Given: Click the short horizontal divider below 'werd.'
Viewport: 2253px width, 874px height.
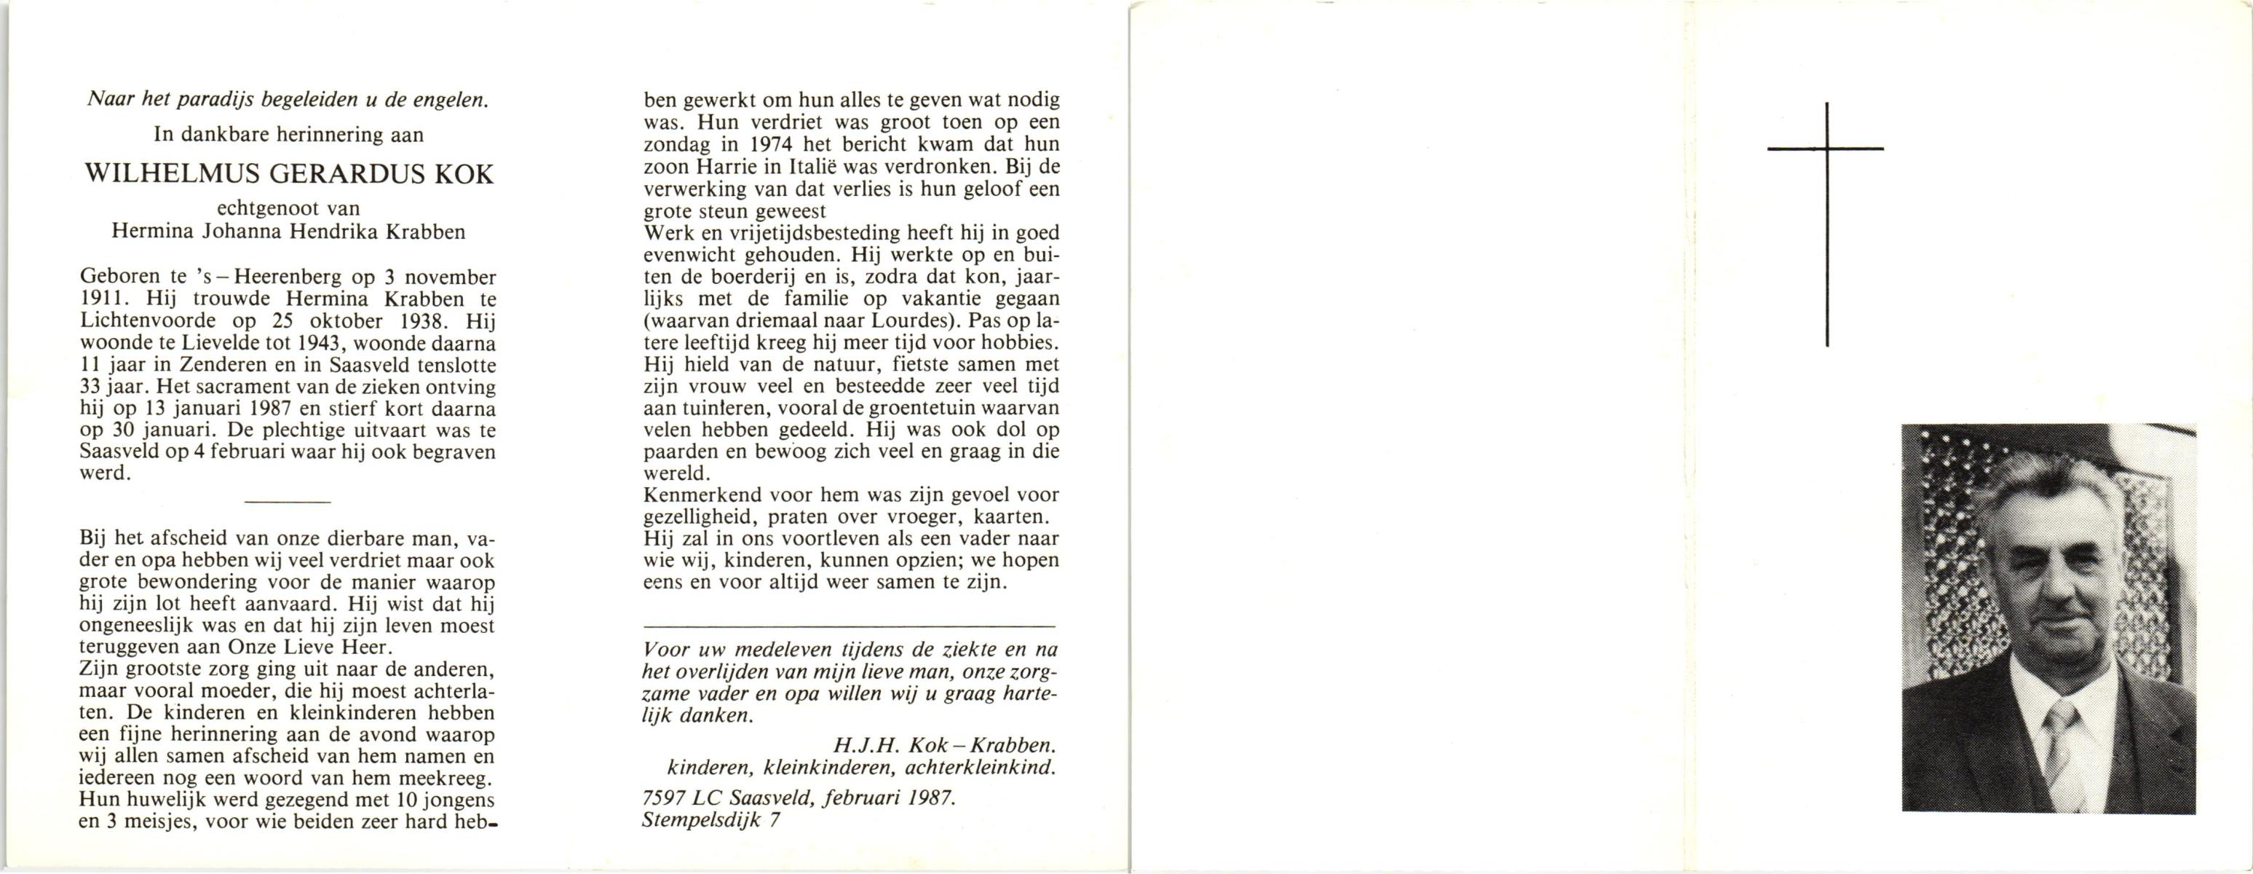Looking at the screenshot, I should pyautogui.click(x=288, y=502).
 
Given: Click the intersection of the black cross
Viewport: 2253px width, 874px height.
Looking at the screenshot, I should pyautogui.click(x=1826, y=149).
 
